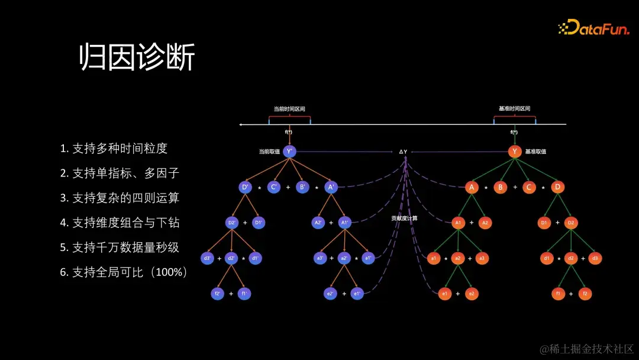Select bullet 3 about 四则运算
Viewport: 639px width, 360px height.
120,198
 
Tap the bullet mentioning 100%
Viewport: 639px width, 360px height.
124,272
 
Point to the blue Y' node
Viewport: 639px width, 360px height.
289,152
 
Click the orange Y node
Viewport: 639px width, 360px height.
515,152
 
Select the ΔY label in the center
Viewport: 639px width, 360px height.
403,152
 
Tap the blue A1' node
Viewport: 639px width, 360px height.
345,223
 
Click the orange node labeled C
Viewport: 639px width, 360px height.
528,188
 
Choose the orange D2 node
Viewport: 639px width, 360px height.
571,223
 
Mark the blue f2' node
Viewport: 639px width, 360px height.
217,293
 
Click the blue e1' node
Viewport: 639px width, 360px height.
357,293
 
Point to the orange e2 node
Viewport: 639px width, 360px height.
472,294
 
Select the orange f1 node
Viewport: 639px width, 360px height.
557,294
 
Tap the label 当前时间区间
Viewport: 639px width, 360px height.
289,109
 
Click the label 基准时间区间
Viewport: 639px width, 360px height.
514,109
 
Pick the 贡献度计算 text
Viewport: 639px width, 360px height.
404,218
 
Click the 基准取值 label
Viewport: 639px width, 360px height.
535,152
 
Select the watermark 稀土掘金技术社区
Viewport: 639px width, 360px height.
586,349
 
